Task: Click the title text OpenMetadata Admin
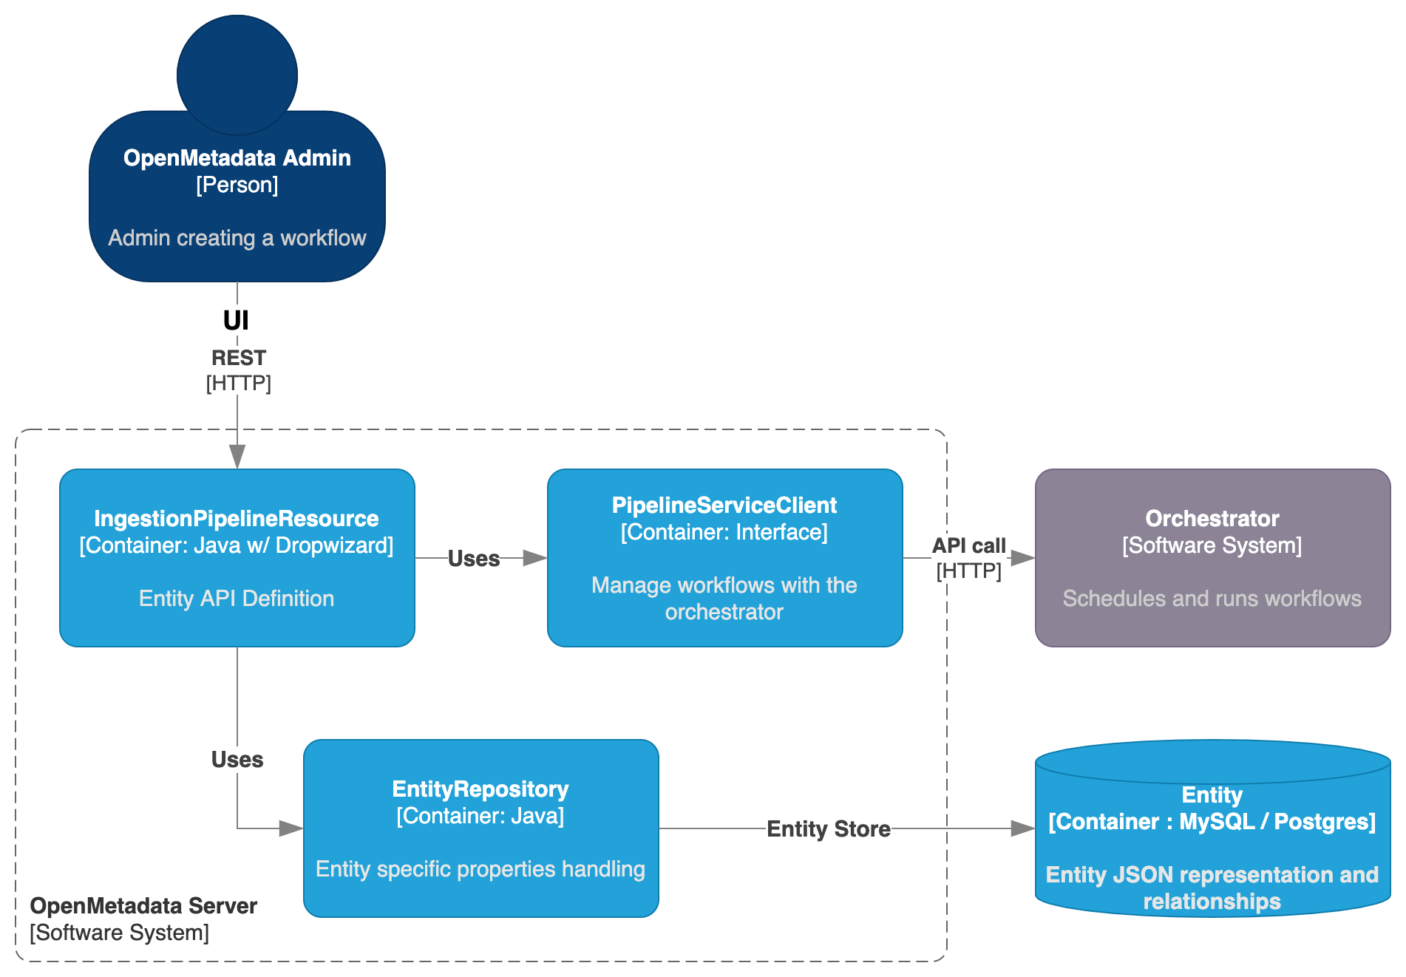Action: pyautogui.click(x=237, y=158)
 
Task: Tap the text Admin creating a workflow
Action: pyautogui.click(x=237, y=238)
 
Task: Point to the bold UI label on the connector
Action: pyautogui.click(x=236, y=321)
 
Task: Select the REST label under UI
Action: pyautogui.click(x=238, y=358)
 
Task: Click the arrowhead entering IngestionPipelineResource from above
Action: pyautogui.click(x=237, y=456)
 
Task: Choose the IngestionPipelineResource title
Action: pyautogui.click(x=237, y=519)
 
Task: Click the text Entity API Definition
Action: pyautogui.click(x=237, y=599)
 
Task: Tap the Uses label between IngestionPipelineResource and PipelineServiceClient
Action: pyautogui.click(x=474, y=559)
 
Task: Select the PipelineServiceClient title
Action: pyautogui.click(x=724, y=505)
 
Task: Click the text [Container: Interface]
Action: pyautogui.click(x=724, y=532)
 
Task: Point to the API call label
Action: pyautogui.click(x=968, y=545)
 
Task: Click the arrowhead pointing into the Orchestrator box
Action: pyautogui.click(x=1022, y=558)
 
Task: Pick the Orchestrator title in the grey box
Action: pyautogui.click(x=1212, y=519)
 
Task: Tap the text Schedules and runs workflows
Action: pyautogui.click(x=1212, y=599)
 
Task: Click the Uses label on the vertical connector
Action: pyautogui.click(x=237, y=760)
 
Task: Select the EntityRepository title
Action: pyautogui.click(x=480, y=789)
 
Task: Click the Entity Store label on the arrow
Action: pyautogui.click(x=828, y=829)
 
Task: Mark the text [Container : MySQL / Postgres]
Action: pyautogui.click(x=1212, y=822)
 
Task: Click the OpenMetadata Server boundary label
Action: pyautogui.click(x=143, y=906)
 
